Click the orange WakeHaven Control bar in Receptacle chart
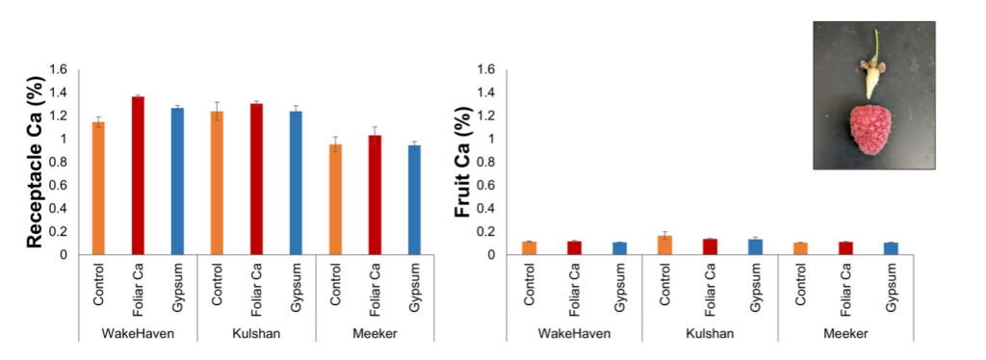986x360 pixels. click(98, 189)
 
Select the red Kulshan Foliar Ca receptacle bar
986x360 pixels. click(256, 179)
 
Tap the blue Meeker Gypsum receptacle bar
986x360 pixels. click(414, 200)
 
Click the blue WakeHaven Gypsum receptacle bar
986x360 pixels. click(177, 182)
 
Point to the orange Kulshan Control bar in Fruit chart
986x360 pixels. click(664, 245)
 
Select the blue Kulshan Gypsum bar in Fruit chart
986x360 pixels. click(755, 247)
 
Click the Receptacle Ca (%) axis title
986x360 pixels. click(36, 163)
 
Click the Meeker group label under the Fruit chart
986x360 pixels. click(844, 333)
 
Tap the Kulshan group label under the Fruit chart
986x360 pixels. click(710, 333)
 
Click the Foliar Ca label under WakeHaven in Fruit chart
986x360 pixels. click(574, 286)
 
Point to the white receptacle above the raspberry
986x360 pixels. click(872, 83)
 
